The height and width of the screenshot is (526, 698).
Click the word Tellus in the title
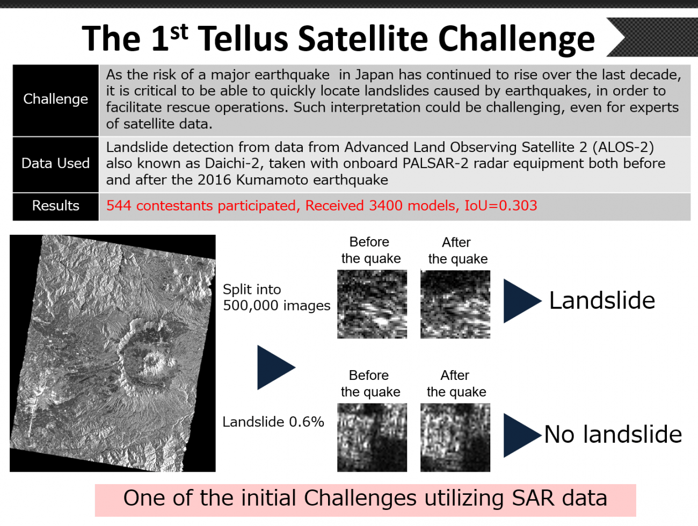pos(244,39)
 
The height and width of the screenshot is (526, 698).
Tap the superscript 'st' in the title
pos(179,32)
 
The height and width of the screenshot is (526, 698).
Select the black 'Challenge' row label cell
pos(56,100)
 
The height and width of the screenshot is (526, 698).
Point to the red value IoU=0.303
pos(501,206)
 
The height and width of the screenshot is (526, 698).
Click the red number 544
pos(119,206)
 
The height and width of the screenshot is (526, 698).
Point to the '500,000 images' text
pos(277,306)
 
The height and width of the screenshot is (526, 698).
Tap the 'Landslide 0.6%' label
pos(273,422)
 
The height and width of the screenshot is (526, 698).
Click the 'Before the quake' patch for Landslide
pos(372,304)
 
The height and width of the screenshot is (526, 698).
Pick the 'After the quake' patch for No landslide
pos(455,437)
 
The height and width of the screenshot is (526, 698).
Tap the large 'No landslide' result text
pos(613,435)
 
